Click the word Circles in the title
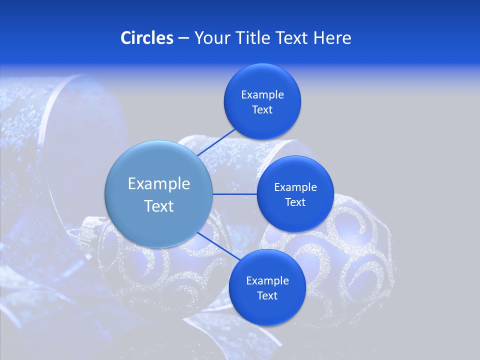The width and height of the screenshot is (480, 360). click(x=146, y=38)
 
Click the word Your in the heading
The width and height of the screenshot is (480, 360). click(x=212, y=38)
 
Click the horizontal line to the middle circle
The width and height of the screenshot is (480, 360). click(x=235, y=194)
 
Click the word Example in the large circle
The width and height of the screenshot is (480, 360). click(x=158, y=184)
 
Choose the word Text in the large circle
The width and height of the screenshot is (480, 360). click(x=158, y=206)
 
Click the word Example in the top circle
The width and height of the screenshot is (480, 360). click(x=262, y=94)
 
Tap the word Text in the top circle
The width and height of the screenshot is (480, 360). click(x=262, y=109)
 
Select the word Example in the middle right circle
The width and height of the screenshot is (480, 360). click(x=295, y=187)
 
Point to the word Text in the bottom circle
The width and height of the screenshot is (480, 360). click(x=267, y=295)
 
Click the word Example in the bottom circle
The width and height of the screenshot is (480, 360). click(x=267, y=280)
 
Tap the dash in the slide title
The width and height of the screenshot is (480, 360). click(x=183, y=38)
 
